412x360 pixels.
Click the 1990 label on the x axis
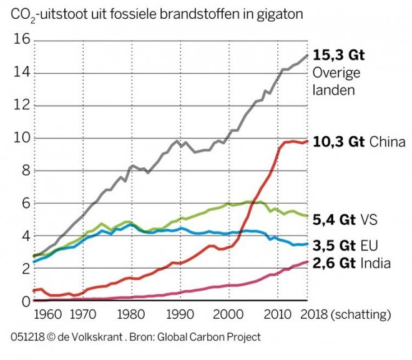click(181, 314)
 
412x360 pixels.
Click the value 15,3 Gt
click(338, 55)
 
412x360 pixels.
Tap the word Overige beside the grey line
click(335, 73)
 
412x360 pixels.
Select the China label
click(387, 142)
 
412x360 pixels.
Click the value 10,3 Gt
click(338, 142)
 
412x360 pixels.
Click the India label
click(376, 263)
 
